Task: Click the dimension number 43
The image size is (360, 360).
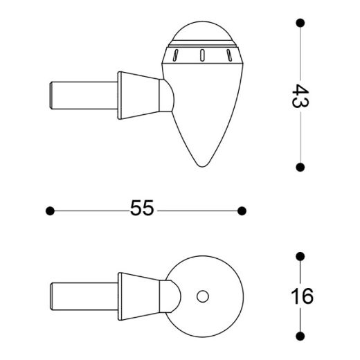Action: (300, 95)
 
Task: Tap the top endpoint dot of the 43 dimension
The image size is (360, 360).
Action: (300, 23)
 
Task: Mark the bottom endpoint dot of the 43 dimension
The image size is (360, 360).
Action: (300, 167)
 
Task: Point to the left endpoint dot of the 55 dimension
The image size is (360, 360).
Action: (49, 210)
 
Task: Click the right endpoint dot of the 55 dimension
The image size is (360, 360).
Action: (242, 210)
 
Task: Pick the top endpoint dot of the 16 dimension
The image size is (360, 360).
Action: (300, 257)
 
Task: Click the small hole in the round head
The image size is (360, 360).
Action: (203, 296)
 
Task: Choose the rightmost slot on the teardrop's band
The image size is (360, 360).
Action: (226, 55)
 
